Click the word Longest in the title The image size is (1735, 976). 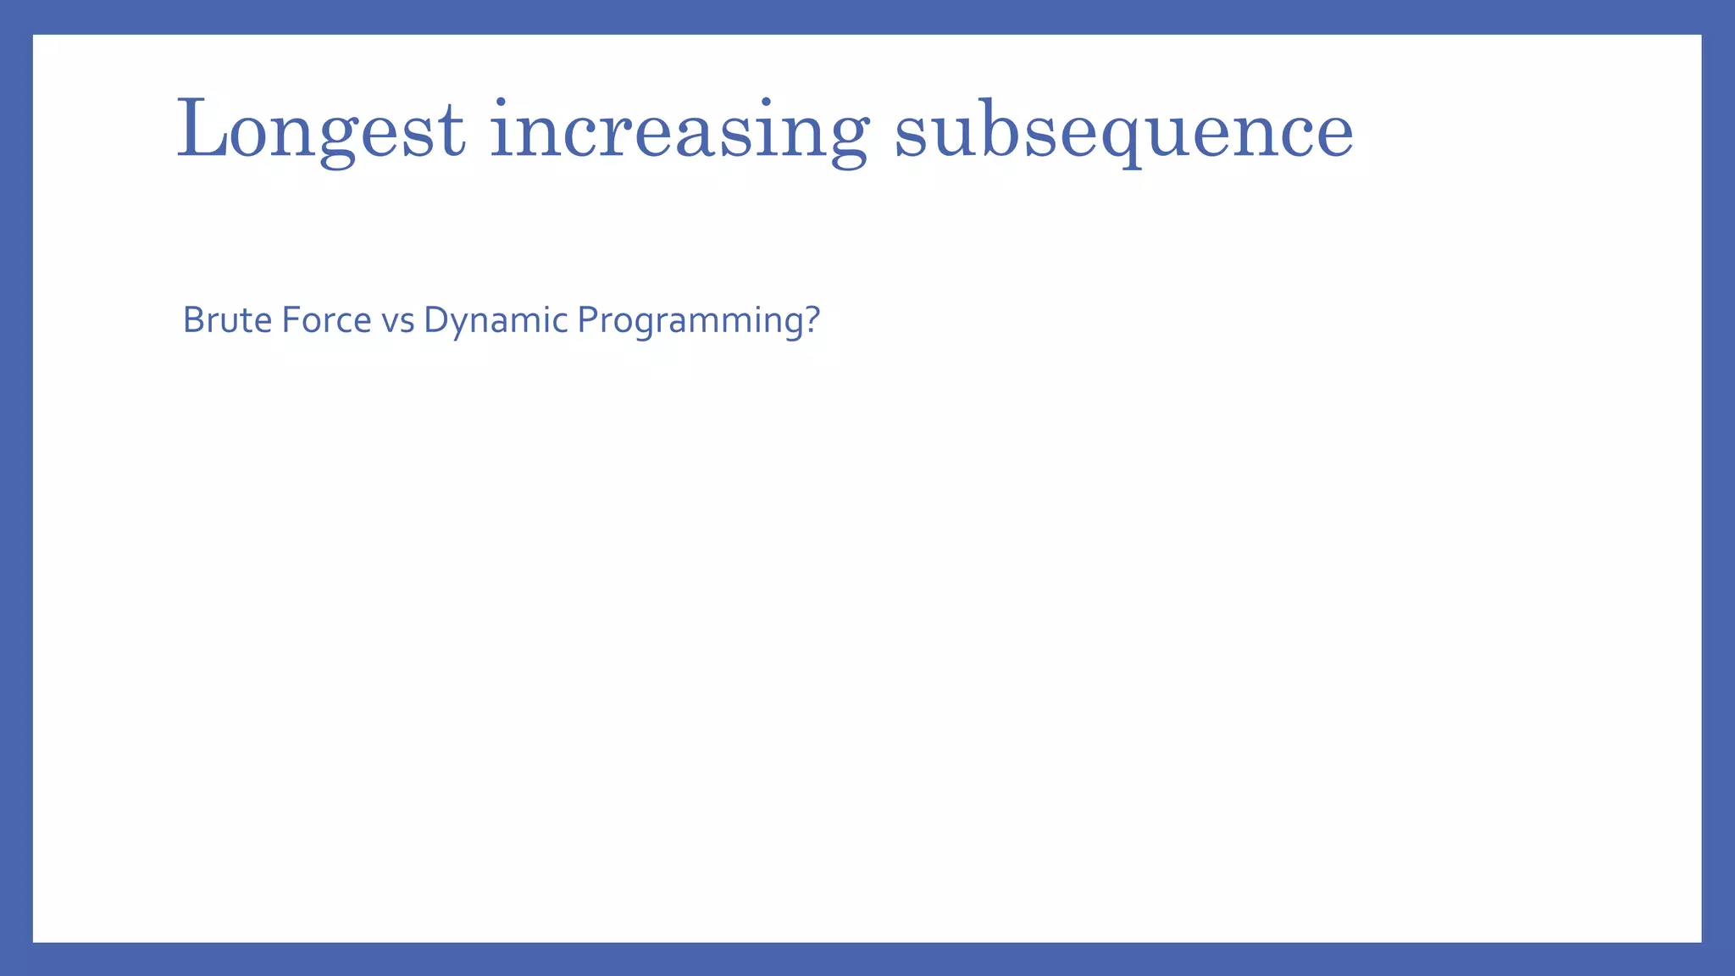[320, 130]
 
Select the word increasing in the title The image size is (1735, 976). [679, 130]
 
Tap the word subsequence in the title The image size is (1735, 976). [1123, 130]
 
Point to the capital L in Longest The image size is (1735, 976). [200, 130]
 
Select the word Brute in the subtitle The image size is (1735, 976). [227, 320]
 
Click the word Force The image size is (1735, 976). [326, 320]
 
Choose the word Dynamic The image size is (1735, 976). [496, 320]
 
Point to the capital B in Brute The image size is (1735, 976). [193, 320]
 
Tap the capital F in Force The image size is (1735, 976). [289, 320]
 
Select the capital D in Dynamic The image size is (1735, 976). [435, 320]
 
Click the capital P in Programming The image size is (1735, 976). [586, 320]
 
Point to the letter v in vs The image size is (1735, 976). [390, 323]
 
